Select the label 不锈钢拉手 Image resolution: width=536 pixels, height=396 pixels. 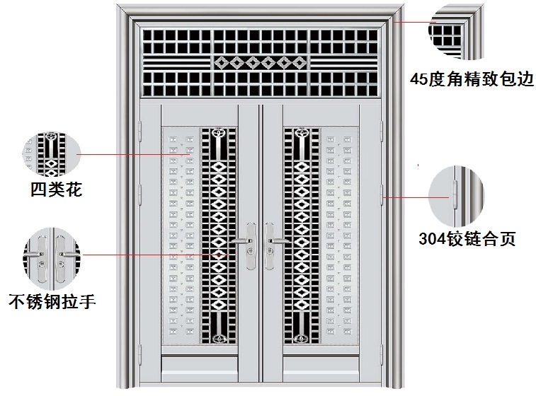[52, 301]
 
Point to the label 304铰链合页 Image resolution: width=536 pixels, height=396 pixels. [467, 238]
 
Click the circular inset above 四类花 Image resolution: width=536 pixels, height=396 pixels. [52, 154]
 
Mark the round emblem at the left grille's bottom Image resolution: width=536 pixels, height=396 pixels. [219, 337]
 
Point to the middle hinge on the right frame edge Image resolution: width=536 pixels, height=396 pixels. [382, 192]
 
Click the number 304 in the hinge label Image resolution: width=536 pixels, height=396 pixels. [434, 238]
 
